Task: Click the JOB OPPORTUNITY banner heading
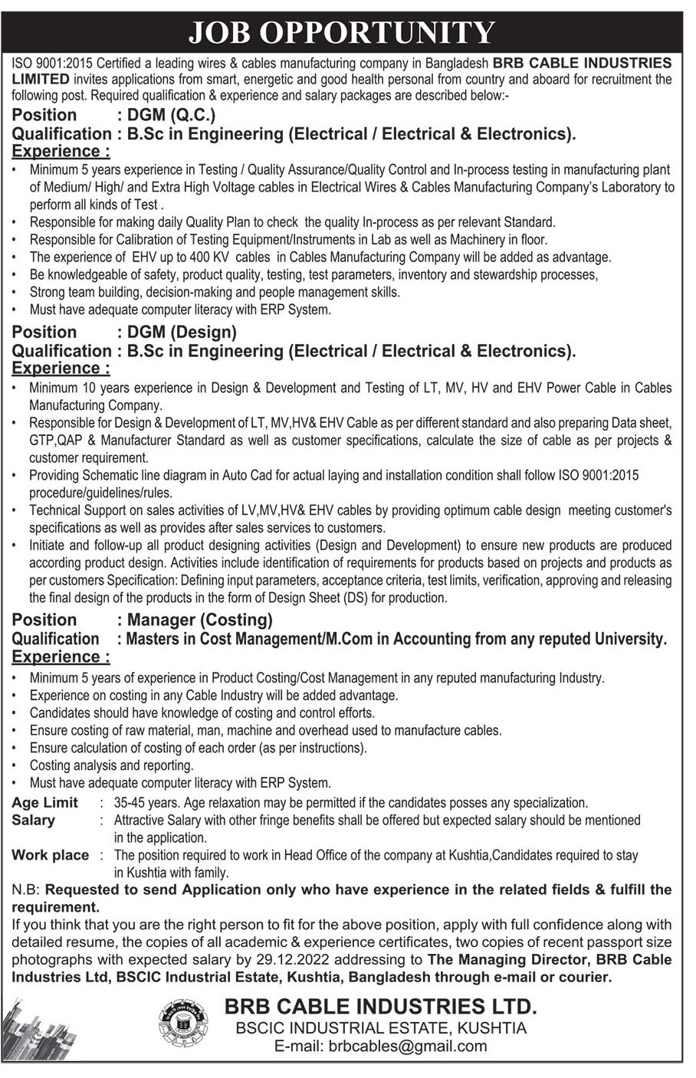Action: point(342,32)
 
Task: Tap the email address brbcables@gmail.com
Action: point(380,1047)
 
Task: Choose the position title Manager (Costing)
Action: point(200,620)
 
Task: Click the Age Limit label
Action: point(45,803)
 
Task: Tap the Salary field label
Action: point(34,821)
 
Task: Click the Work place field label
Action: point(50,855)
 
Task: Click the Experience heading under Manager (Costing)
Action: point(61,657)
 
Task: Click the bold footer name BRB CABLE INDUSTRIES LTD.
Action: point(381,1007)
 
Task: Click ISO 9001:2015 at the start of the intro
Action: point(53,63)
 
